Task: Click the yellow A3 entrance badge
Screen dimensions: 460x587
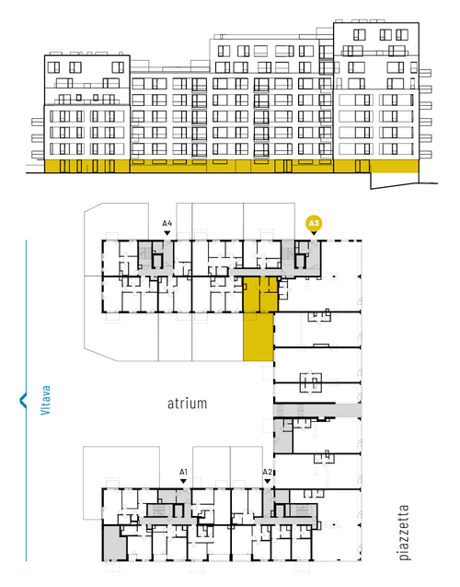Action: [x=314, y=224]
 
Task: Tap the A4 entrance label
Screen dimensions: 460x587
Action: [x=167, y=224]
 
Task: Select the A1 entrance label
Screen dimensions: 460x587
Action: [x=183, y=472]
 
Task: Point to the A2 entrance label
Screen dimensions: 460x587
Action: [x=267, y=472]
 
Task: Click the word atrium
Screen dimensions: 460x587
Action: [x=187, y=404]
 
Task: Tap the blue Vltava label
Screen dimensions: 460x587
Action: [x=45, y=400]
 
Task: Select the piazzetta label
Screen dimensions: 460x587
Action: [x=404, y=533]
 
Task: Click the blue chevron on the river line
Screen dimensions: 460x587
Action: [x=23, y=400]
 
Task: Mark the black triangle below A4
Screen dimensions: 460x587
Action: [x=167, y=233]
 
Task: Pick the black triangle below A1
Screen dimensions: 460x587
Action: [x=183, y=481]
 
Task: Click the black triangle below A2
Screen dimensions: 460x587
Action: [x=267, y=481]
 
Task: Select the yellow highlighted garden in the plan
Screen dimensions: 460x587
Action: [x=259, y=337]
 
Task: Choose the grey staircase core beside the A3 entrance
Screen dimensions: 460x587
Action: [x=288, y=254]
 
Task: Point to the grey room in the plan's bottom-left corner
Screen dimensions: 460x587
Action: [x=113, y=542]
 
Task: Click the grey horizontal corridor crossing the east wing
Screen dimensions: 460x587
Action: [x=317, y=410]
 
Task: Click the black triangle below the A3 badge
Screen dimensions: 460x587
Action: [x=314, y=233]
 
